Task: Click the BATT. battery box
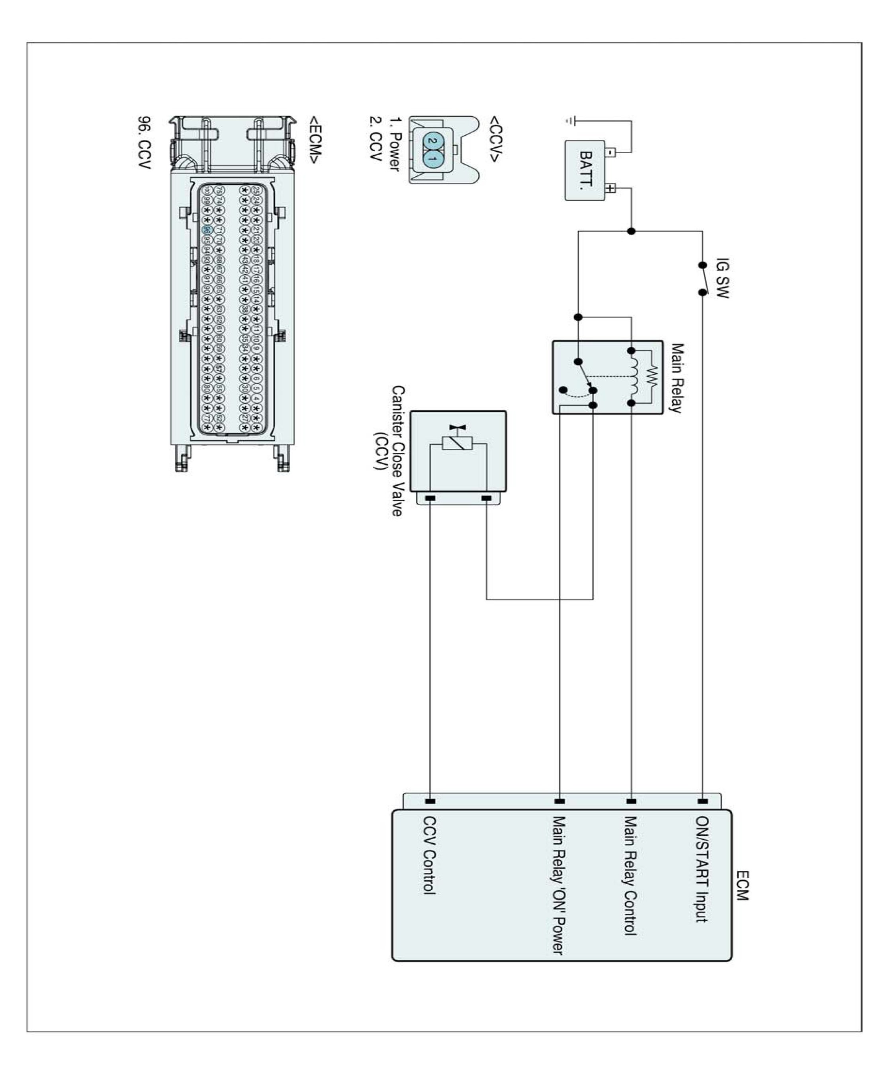coord(585,170)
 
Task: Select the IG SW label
coord(722,278)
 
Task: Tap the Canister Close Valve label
coord(397,451)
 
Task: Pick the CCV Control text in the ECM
coord(429,855)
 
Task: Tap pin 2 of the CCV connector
coord(431,140)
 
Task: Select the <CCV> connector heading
coord(495,139)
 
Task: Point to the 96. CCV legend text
coord(144,142)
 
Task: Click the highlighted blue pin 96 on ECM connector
coord(207,230)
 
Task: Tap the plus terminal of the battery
coord(610,188)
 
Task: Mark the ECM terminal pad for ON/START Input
coord(703,801)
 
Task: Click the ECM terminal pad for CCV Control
coord(430,801)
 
